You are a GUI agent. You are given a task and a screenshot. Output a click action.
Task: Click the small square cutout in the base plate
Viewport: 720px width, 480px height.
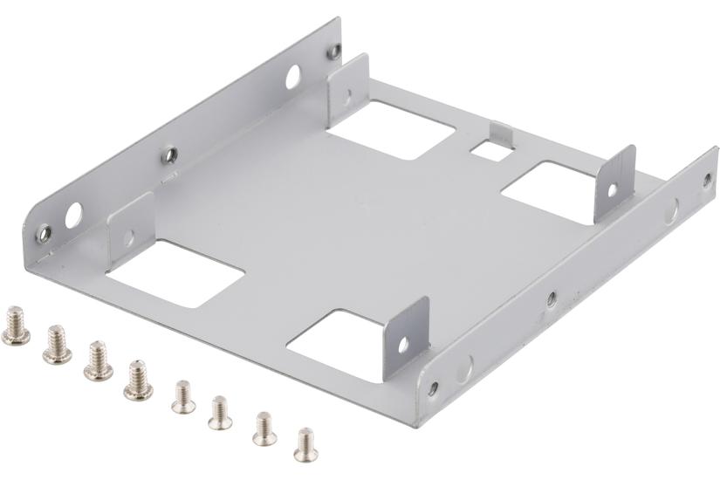pyautogui.click(x=490, y=149)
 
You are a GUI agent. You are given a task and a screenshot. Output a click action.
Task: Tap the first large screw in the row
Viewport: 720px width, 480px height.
pyautogui.click(x=15, y=325)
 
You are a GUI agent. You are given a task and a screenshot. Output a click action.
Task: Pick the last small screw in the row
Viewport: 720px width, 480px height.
pyautogui.click(x=305, y=443)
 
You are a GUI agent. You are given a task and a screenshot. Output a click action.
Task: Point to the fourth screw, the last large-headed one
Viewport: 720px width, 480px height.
pyautogui.click(x=137, y=381)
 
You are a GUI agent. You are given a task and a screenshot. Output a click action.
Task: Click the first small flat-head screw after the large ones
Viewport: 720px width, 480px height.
pyautogui.click(x=182, y=396)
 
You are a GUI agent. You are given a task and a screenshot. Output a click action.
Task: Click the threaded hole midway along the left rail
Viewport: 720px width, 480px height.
pyautogui.click(x=171, y=155)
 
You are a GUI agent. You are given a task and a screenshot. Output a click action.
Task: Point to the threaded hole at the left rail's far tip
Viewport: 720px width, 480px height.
pyautogui.click(x=333, y=51)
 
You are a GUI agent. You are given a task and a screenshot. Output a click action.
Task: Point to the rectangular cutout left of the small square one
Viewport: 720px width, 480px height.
pyautogui.click(x=391, y=128)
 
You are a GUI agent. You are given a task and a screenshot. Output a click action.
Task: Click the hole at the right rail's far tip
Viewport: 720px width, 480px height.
pyautogui.click(x=707, y=180)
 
